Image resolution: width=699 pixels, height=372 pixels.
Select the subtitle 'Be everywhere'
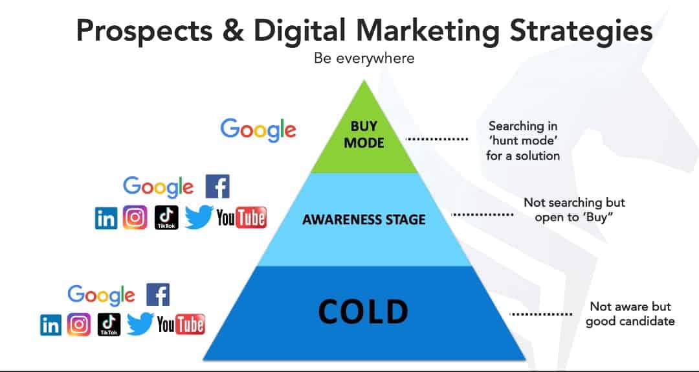coord(364,58)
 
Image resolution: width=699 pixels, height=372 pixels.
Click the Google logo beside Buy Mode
coord(258,130)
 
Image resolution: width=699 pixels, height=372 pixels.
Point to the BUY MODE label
coord(364,134)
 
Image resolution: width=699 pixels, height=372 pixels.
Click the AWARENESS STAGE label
coord(364,219)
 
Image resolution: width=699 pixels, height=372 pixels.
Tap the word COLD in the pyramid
coord(363,311)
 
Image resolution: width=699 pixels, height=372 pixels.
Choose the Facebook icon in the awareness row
coord(217,186)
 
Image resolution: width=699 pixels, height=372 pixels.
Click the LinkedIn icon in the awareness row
coord(106,218)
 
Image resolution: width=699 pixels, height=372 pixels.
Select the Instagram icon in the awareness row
coord(135,218)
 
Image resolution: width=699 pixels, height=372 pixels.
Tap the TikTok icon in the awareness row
coord(166,218)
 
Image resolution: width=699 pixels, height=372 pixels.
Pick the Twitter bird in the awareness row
coord(199,218)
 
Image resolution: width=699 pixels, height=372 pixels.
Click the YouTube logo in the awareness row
coord(241,218)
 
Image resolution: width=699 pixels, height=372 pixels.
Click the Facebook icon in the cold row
coord(159,294)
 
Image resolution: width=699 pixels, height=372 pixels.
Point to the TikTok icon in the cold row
coord(109,325)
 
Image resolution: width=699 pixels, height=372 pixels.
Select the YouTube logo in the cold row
coord(181,324)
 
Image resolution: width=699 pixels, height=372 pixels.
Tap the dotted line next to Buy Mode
coord(437,139)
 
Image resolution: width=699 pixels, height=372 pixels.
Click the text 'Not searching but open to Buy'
coord(574,210)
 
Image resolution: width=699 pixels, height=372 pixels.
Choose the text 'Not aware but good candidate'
coord(630,314)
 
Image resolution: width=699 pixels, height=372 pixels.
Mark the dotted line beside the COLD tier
coord(540,314)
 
